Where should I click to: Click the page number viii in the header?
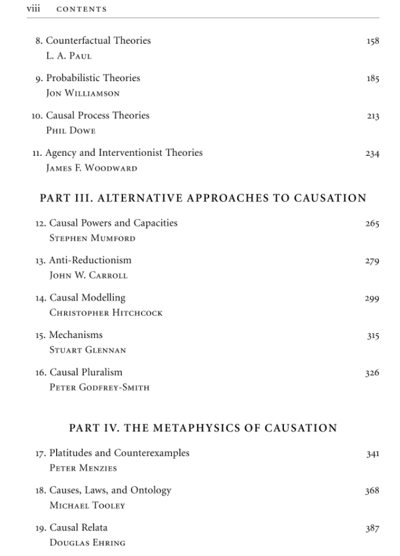pos(32,9)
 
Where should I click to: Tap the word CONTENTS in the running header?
pos(82,9)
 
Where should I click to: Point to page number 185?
pos(373,79)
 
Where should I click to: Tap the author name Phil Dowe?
pos(71,131)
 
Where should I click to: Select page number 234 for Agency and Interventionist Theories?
pos(372,154)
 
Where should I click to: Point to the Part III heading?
pos(203,198)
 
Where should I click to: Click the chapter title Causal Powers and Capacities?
pos(114,223)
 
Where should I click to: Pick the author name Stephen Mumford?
pos(92,238)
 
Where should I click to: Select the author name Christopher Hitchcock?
pos(106,313)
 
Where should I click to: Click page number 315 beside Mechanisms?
pos(373,337)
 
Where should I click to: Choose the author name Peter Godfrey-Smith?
pos(100,388)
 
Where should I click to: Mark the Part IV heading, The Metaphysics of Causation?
pos(203,428)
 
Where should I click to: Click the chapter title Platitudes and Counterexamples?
pos(119,453)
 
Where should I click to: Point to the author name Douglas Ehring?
pos(87,543)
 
